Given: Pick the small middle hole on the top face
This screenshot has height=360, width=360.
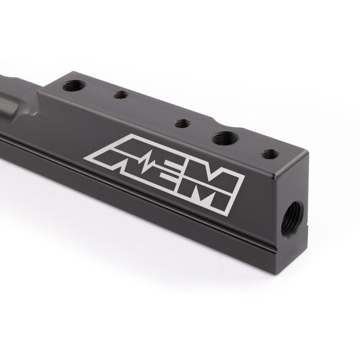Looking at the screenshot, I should coord(181,123).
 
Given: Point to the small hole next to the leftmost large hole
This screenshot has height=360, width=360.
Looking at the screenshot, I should coord(120,95).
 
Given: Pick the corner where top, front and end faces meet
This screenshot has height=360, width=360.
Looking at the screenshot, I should coord(279,171).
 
